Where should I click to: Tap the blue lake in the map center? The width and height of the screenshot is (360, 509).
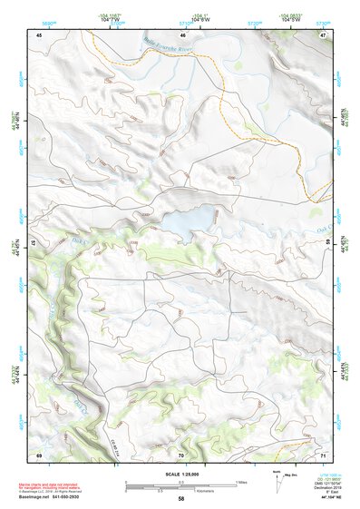(189, 219)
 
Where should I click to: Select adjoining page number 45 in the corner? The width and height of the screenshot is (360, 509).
(39, 34)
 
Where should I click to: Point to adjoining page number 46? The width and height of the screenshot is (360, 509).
(182, 34)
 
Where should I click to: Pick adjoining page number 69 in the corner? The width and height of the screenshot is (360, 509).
(39, 454)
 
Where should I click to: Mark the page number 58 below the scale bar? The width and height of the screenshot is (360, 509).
(181, 499)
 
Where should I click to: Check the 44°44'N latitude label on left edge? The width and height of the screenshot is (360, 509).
(15, 374)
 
